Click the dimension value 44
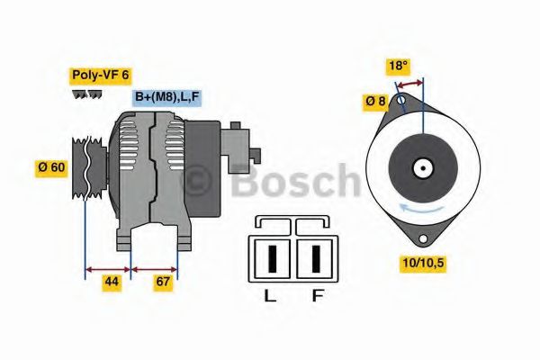pos(111,283)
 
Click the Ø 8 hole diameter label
pos(376,102)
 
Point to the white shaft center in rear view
pos(421,167)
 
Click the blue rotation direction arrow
pos(421,209)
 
